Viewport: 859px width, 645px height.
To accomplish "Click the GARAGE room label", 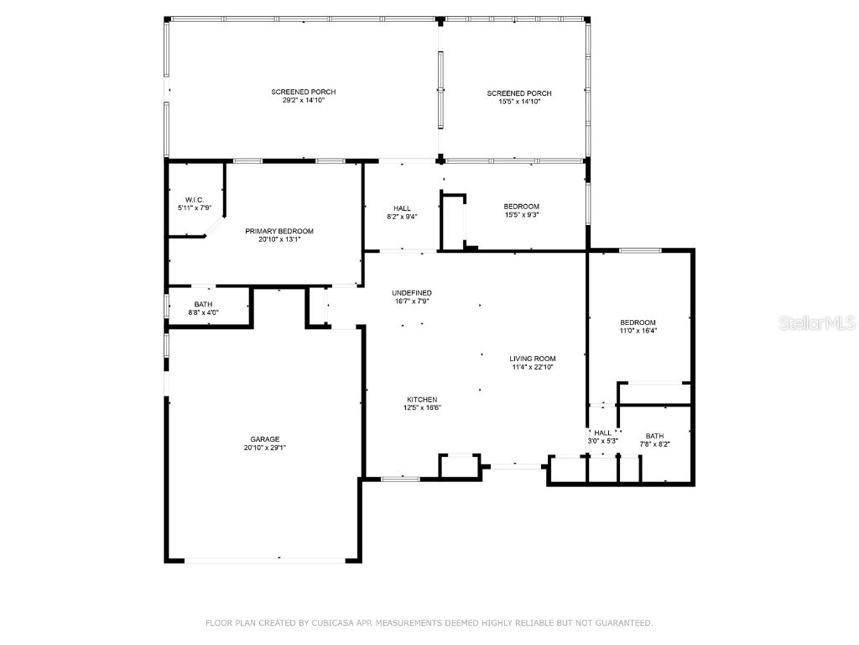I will [264, 438].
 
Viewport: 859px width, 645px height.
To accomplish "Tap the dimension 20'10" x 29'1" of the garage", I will [264, 448].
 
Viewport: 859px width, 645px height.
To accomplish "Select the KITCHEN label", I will [422, 399].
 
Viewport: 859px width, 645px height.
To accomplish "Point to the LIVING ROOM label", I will [533, 358].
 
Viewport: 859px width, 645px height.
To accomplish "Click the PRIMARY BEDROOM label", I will [279, 231].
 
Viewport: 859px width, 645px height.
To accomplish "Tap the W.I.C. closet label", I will [195, 199].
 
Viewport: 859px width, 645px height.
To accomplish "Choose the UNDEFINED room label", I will [412, 292].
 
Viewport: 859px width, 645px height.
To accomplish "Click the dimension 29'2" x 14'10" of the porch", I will [303, 101].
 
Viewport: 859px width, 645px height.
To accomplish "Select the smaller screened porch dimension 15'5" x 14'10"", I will [519, 102].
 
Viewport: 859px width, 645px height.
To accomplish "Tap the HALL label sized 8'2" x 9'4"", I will [402, 207].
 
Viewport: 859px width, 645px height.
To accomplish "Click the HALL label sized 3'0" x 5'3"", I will [602, 433].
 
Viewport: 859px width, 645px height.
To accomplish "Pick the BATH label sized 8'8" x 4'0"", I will [203, 304].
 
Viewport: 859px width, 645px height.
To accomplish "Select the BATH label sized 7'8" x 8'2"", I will [654, 435].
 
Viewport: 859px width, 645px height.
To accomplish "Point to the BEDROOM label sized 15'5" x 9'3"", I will [521, 207].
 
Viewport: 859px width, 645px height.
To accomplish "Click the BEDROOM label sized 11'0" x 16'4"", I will [638, 322].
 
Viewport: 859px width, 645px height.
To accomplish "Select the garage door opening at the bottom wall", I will [263, 560].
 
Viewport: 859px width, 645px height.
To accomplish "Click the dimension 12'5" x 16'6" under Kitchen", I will [422, 408].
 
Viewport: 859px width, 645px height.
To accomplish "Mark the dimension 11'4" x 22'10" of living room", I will [533, 367].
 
